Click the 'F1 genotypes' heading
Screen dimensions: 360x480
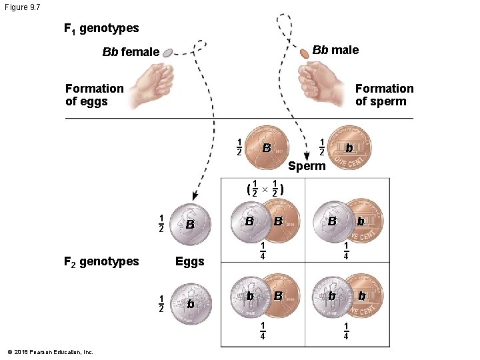click(101, 29)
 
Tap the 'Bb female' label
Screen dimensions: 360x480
click(131, 52)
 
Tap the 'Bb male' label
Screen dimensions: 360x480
click(335, 50)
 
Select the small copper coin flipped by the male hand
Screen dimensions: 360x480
click(304, 52)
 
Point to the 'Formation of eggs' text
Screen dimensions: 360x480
click(95, 95)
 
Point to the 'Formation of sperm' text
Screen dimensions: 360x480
click(384, 95)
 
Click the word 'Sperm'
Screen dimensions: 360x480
click(307, 166)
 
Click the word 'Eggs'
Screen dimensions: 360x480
click(189, 261)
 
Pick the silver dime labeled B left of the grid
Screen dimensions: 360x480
click(190, 225)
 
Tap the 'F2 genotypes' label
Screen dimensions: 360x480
click(101, 261)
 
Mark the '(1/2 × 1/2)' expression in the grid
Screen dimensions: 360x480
click(265, 190)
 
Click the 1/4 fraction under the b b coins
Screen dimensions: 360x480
click(346, 331)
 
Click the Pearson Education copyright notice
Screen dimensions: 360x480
click(50, 352)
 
